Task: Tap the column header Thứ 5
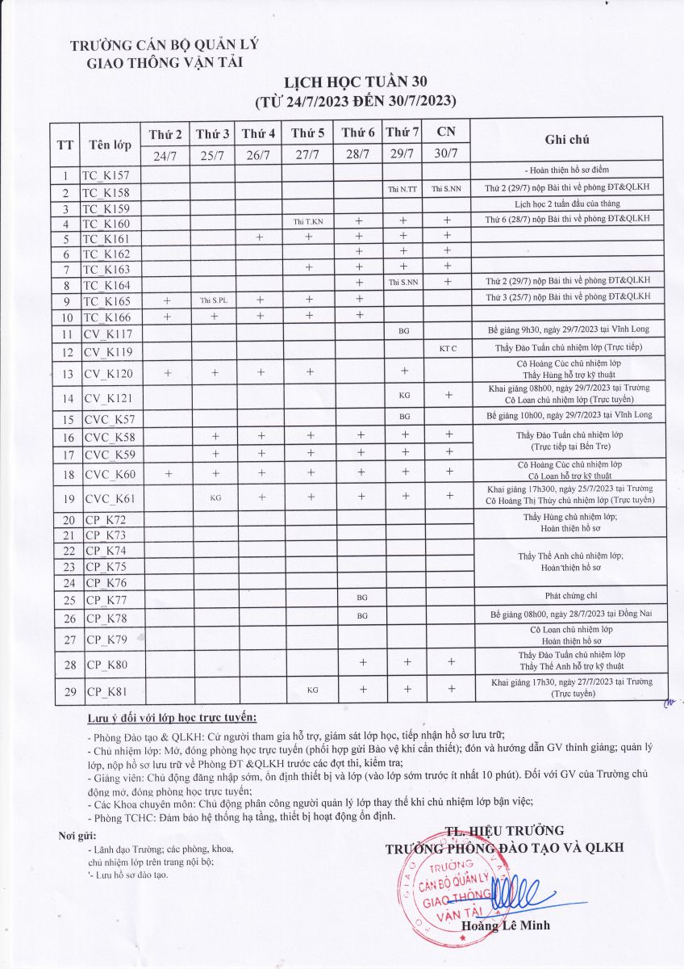pyautogui.click(x=308, y=132)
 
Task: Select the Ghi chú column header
pyautogui.click(x=567, y=140)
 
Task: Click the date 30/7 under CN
pyautogui.click(x=446, y=153)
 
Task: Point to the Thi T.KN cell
pyautogui.click(x=308, y=221)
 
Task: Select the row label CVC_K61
pyautogui.click(x=111, y=498)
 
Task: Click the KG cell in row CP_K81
pyautogui.click(x=308, y=690)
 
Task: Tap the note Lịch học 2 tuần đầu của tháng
pyautogui.click(x=568, y=205)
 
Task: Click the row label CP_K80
pyautogui.click(x=106, y=665)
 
